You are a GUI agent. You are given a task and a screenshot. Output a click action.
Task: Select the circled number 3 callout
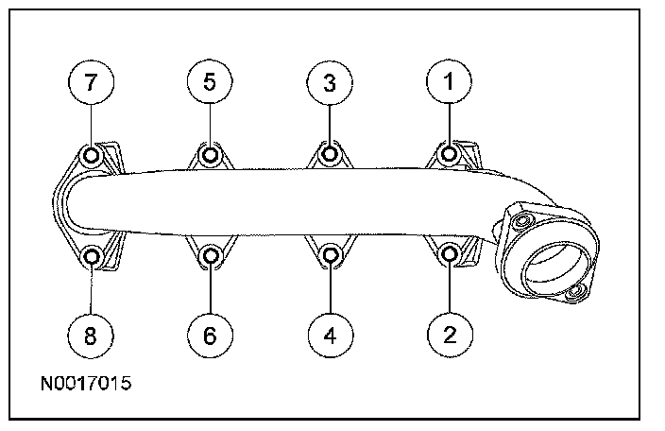coord(330,82)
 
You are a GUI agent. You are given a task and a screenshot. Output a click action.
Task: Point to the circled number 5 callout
coord(210,82)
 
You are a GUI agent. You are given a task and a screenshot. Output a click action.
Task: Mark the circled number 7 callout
coord(91,82)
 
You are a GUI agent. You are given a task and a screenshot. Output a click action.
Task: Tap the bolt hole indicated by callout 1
coord(450,154)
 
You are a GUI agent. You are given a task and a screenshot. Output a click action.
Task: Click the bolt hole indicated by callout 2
coord(451,254)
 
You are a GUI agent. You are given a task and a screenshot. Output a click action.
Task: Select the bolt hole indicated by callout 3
coord(330,154)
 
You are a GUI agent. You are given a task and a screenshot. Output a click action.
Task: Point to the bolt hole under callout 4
coord(330,254)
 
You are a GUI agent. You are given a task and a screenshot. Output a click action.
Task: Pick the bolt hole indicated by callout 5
coord(210,154)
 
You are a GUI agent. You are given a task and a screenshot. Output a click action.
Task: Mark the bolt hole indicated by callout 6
coord(210,254)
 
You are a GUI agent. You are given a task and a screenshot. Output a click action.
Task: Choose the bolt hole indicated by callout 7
coord(91,155)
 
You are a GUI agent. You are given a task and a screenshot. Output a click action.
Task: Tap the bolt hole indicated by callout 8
coord(91,255)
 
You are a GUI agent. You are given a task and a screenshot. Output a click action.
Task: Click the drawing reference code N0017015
coord(85,385)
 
